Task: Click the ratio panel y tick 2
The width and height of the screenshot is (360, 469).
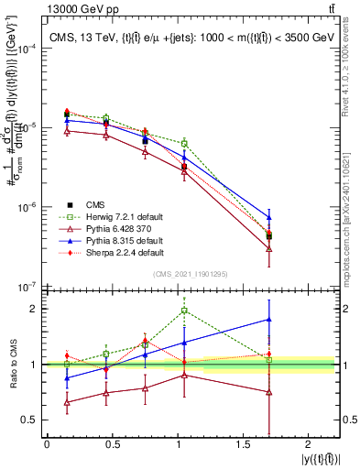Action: click(x=35, y=309)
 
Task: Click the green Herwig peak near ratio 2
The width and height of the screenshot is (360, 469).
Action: click(x=185, y=311)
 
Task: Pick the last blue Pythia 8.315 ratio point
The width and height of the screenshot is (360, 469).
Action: click(x=269, y=320)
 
